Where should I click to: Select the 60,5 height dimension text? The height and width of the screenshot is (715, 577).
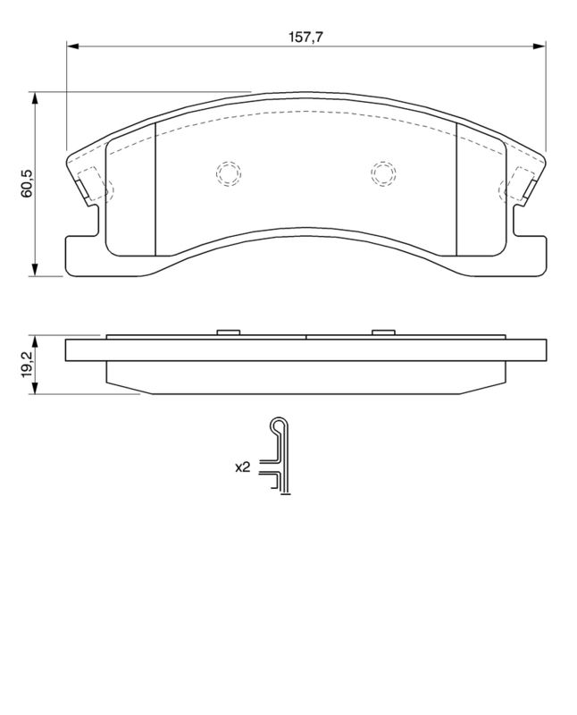[x=27, y=182]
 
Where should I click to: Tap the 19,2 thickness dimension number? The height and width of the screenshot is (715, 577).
[x=27, y=364]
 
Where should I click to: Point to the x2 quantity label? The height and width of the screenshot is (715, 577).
[x=241, y=467]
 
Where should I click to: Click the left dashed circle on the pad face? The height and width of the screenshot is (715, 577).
[x=228, y=172]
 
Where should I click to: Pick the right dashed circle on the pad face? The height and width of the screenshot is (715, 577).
[x=383, y=172]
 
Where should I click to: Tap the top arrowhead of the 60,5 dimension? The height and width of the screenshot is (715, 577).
[x=36, y=97]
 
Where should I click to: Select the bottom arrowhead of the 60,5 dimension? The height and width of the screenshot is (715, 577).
[x=36, y=271]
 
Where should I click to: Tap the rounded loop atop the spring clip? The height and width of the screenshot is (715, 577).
[x=280, y=425]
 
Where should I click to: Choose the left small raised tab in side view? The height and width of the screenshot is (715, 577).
[x=229, y=333]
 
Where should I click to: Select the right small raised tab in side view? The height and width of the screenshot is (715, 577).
[x=383, y=333]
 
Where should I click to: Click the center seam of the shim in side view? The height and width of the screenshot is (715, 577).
[x=306, y=337]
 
